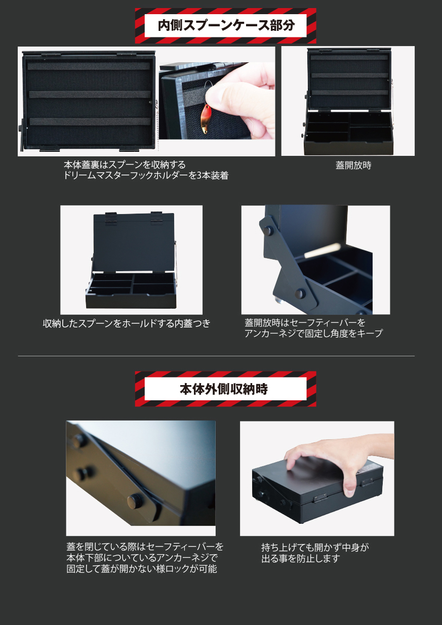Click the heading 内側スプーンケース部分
coord(226,26)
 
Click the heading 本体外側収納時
coord(224,389)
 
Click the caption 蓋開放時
coord(353,165)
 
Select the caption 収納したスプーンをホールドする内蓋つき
coord(127,323)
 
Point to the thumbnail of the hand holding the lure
coord(217,101)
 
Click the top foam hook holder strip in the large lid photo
coord(89,66)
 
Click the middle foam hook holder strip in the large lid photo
coord(90,94)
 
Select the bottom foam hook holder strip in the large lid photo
coord(90,121)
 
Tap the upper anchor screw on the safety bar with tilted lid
coord(268,230)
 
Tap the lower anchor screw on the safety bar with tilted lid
coord(300,294)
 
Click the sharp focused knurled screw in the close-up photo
coord(135,501)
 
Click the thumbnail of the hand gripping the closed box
coord(317,479)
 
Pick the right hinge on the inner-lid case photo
coord(156,218)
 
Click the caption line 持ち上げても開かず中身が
coord(315,548)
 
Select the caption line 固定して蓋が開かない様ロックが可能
coord(142,569)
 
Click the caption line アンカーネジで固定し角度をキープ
coord(313,334)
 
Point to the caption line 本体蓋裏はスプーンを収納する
coord(125,164)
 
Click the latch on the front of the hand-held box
coord(320,496)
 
